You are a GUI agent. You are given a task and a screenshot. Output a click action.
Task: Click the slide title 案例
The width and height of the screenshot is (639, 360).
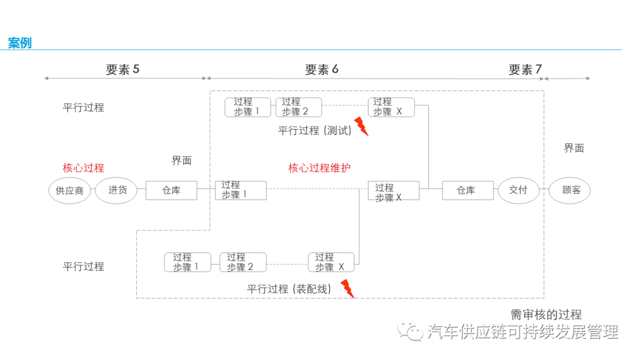click(20, 43)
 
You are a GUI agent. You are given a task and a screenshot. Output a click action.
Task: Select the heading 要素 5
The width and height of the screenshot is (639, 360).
click(122, 69)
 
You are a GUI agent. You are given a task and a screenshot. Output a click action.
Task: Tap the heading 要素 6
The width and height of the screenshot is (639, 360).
click(322, 69)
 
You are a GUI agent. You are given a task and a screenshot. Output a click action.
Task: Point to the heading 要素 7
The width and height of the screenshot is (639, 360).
click(525, 69)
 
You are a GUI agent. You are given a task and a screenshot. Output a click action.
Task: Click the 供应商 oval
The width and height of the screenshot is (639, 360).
click(70, 191)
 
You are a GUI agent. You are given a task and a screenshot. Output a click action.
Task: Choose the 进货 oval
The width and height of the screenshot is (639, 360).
click(116, 191)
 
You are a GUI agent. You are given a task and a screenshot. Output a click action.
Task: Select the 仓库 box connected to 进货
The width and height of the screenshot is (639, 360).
click(171, 191)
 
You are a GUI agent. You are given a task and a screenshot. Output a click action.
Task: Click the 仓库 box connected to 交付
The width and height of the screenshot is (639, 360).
click(467, 191)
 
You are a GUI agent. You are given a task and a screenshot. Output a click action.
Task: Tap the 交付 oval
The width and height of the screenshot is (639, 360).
click(518, 191)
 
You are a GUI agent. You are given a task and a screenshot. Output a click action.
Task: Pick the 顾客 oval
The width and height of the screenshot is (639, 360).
click(569, 191)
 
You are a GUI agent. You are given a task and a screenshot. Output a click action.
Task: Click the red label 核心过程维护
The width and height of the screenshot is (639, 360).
click(319, 168)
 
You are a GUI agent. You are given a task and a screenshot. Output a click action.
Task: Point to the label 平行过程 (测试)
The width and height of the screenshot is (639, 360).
click(315, 131)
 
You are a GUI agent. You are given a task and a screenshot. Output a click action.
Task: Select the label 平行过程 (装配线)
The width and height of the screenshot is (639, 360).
click(289, 290)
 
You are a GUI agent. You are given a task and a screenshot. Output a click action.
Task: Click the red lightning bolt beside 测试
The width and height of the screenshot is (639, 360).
click(361, 126)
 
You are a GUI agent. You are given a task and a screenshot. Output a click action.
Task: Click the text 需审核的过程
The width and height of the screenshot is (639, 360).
click(546, 315)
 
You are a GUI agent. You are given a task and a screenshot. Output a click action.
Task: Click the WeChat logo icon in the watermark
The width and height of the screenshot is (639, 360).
click(411, 332)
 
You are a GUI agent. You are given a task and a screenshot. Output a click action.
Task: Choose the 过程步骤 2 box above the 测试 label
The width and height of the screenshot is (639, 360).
click(298, 107)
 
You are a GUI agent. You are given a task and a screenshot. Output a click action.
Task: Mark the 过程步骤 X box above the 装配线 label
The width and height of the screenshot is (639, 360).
click(331, 262)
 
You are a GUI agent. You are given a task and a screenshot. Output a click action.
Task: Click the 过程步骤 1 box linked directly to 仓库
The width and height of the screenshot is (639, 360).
click(240, 190)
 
